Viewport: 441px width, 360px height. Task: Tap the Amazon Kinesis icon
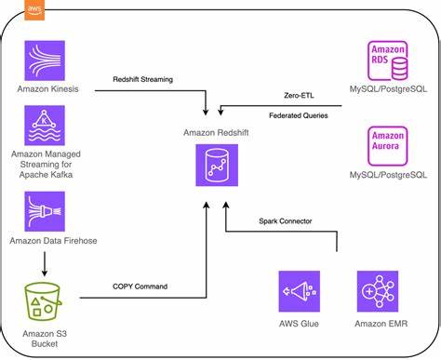45,60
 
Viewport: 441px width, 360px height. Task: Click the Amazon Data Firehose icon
45,211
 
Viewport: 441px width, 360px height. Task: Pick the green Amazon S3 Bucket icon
45,301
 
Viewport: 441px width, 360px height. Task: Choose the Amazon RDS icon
388,60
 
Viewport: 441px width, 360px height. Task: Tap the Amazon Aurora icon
388,145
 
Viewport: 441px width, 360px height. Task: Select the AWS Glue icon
299,290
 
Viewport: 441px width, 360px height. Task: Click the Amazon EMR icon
377,290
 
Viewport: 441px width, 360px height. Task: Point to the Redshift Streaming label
144,80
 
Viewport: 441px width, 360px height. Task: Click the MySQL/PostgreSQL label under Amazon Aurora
388,175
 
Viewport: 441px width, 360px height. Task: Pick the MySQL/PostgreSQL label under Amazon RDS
388,89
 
